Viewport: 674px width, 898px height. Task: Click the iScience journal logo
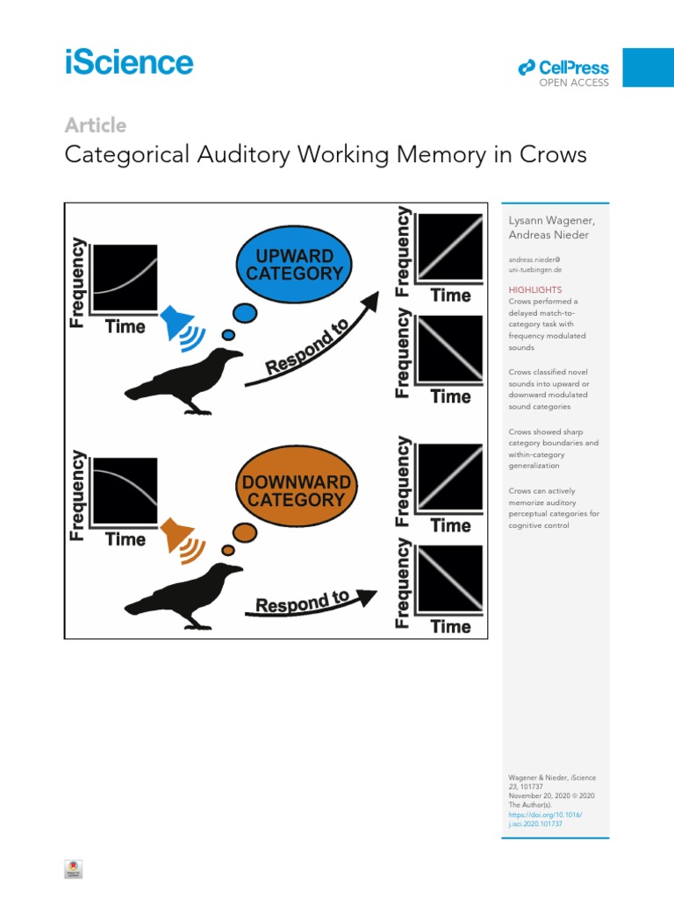[x=129, y=63]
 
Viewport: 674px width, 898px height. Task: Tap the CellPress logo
[x=563, y=68]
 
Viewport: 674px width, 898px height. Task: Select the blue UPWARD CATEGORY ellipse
[x=294, y=264]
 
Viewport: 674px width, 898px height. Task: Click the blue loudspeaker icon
[x=179, y=322]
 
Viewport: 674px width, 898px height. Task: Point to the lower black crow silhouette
[x=184, y=596]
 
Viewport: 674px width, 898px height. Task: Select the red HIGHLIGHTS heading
[x=535, y=289]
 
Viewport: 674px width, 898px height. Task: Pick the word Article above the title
[x=96, y=125]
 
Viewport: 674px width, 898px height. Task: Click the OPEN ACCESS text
[x=573, y=83]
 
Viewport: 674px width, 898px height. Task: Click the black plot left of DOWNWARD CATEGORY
[x=125, y=492]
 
